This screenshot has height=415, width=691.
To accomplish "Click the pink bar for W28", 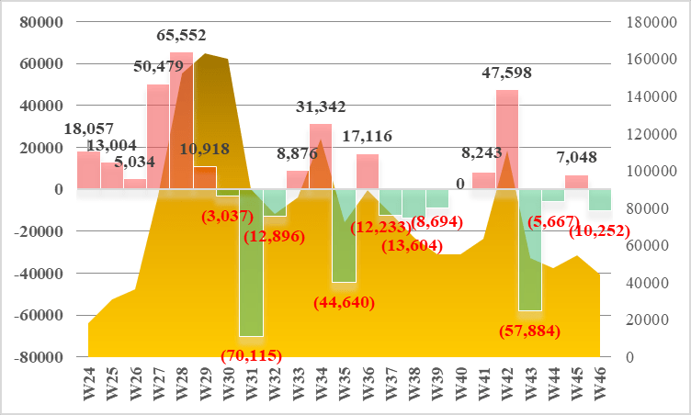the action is coord(182,120).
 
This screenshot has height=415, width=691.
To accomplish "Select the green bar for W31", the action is coord(251,263).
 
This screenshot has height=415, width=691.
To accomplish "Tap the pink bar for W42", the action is coord(507,140).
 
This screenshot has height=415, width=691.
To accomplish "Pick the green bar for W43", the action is coord(530,251).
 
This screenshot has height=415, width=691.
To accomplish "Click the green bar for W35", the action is coord(345,236).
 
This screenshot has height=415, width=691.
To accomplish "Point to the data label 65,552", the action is coord(181,35).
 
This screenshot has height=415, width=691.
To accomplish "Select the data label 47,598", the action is coord(507,73).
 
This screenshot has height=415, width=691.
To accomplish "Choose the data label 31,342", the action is coord(321,107).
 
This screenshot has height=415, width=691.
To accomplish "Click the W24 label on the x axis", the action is coord(89,384).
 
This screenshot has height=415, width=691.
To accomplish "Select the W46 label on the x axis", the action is coord(600,384).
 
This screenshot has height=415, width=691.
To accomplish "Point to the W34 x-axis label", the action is coord(322,384).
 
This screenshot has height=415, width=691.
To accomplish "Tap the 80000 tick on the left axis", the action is coord(41,22).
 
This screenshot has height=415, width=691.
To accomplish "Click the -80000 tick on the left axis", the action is coord(39,357).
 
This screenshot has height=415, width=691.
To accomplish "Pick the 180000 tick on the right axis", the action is coord(651,22).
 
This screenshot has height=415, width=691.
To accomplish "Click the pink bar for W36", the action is coord(368,172).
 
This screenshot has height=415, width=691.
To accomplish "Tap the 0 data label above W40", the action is coord(460,184).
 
